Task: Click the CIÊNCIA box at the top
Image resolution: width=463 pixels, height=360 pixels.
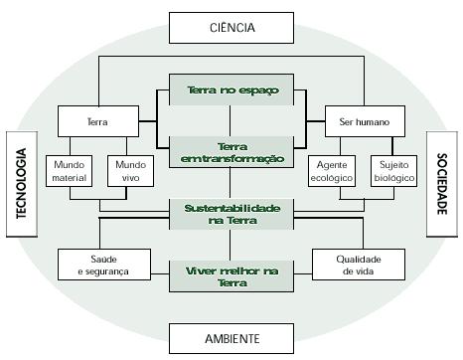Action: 231,28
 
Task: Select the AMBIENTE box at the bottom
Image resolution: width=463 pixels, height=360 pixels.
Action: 231,339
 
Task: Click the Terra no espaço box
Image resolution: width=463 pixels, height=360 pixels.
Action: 232,90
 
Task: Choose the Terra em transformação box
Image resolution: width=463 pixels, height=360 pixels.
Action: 232,151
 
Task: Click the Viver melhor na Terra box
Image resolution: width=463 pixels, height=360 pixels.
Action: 232,275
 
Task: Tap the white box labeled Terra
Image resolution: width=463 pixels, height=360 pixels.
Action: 96,122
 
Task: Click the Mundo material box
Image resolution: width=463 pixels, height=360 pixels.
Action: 69,171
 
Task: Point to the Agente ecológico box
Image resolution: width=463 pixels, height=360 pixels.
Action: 330,171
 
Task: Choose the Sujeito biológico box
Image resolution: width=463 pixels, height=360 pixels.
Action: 390,171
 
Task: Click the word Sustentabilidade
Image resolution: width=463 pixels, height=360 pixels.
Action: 232,207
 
